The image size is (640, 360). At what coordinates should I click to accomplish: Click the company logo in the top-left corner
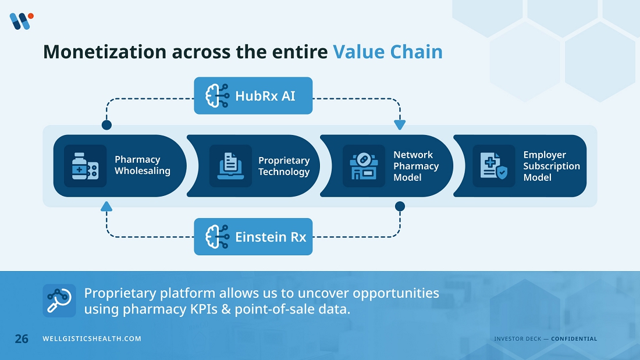click(21, 21)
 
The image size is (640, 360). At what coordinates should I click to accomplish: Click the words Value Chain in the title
click(387, 52)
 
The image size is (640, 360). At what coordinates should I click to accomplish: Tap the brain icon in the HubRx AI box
click(216, 96)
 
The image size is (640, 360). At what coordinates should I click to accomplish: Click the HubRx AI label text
click(265, 96)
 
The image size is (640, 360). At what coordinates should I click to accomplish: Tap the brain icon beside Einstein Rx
click(216, 237)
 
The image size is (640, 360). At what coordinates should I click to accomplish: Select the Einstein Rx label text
click(270, 237)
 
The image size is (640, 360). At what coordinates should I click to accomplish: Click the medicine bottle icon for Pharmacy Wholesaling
click(85, 166)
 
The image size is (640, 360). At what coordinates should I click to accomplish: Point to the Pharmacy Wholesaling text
click(142, 165)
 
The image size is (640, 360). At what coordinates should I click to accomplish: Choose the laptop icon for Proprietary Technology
click(230, 166)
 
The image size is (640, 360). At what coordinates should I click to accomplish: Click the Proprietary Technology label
click(284, 166)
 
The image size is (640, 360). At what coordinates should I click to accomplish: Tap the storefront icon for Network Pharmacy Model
click(364, 166)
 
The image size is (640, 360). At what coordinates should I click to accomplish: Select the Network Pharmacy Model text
click(415, 166)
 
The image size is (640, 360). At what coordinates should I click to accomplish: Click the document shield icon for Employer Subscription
click(493, 166)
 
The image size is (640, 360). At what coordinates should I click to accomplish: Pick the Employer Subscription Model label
click(551, 166)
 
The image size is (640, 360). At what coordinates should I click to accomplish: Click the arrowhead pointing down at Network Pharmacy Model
click(400, 125)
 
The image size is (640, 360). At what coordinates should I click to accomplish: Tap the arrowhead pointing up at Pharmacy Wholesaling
click(106, 206)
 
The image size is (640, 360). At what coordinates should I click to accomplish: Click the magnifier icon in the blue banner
click(59, 300)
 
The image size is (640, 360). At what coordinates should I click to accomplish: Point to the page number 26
click(22, 338)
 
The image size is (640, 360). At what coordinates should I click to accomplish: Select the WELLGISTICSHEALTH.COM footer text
click(92, 339)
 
